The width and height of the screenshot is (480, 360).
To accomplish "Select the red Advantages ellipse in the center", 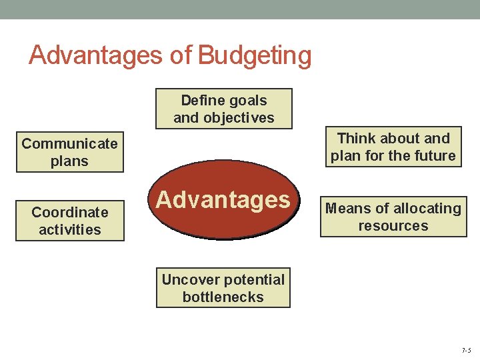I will tap(223, 199).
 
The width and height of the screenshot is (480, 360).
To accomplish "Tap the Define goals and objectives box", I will tap(224, 109).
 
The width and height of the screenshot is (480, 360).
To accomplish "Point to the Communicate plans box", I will tap(69, 153).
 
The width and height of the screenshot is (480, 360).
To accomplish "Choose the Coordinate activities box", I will tap(70, 221).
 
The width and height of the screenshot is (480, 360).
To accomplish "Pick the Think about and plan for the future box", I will tap(393, 147).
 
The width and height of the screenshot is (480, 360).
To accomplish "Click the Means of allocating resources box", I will tap(393, 217).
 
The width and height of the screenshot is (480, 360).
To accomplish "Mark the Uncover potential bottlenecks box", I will tap(223, 288).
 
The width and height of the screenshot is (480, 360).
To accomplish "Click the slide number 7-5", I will tap(465, 351).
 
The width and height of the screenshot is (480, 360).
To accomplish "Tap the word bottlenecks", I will tap(223, 297).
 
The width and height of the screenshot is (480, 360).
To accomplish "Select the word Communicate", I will tap(69, 143).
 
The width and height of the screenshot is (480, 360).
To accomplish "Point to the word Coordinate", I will tap(70, 213).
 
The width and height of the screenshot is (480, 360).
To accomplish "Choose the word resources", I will tap(393, 226).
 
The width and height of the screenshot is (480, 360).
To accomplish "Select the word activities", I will tap(70, 230).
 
